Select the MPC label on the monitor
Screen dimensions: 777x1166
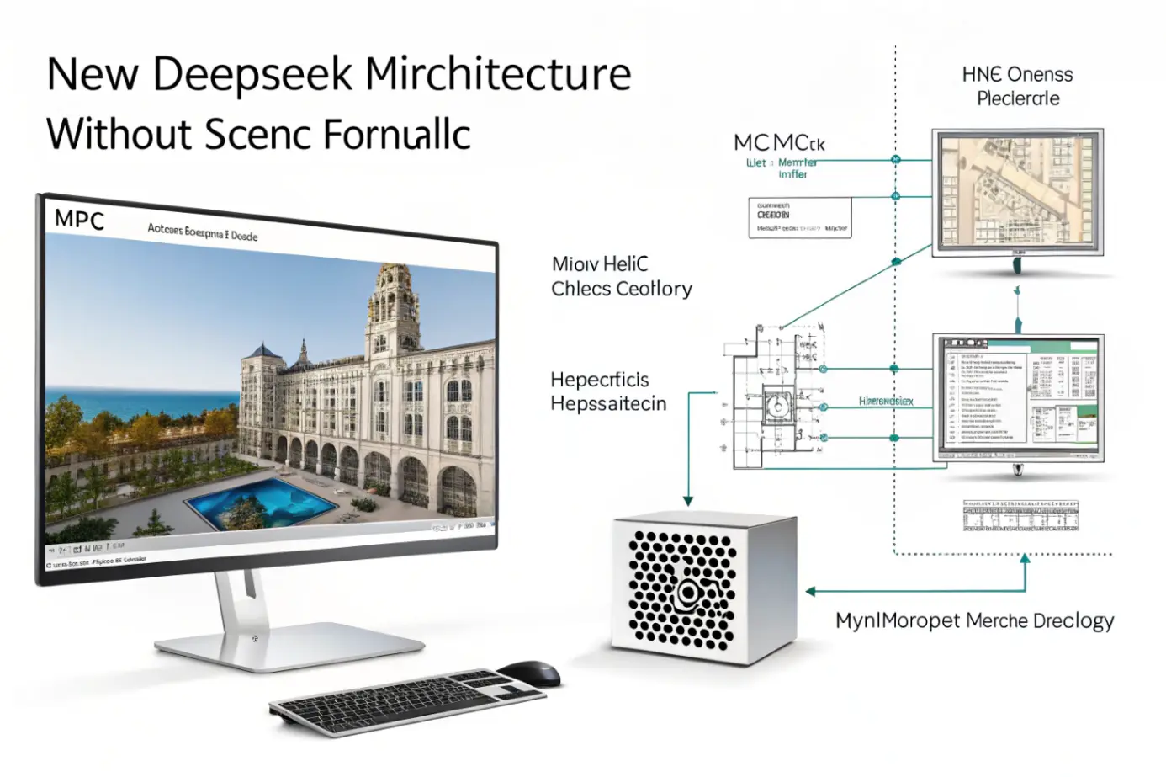[x=79, y=221]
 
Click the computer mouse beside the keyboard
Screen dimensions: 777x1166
[x=529, y=673]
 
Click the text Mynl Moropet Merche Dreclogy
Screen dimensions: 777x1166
[x=974, y=621]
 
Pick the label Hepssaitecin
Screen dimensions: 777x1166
[x=608, y=404]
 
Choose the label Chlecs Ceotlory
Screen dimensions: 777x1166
[x=621, y=289]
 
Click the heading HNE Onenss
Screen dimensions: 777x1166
[x=1017, y=75]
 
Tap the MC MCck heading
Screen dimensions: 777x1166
[x=779, y=143]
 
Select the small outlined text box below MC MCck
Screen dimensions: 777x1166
[x=799, y=218]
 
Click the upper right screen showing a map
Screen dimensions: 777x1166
[x=1017, y=192]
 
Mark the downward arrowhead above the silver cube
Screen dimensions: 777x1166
[x=688, y=501]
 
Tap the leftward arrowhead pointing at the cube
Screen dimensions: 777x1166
[x=810, y=591]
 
